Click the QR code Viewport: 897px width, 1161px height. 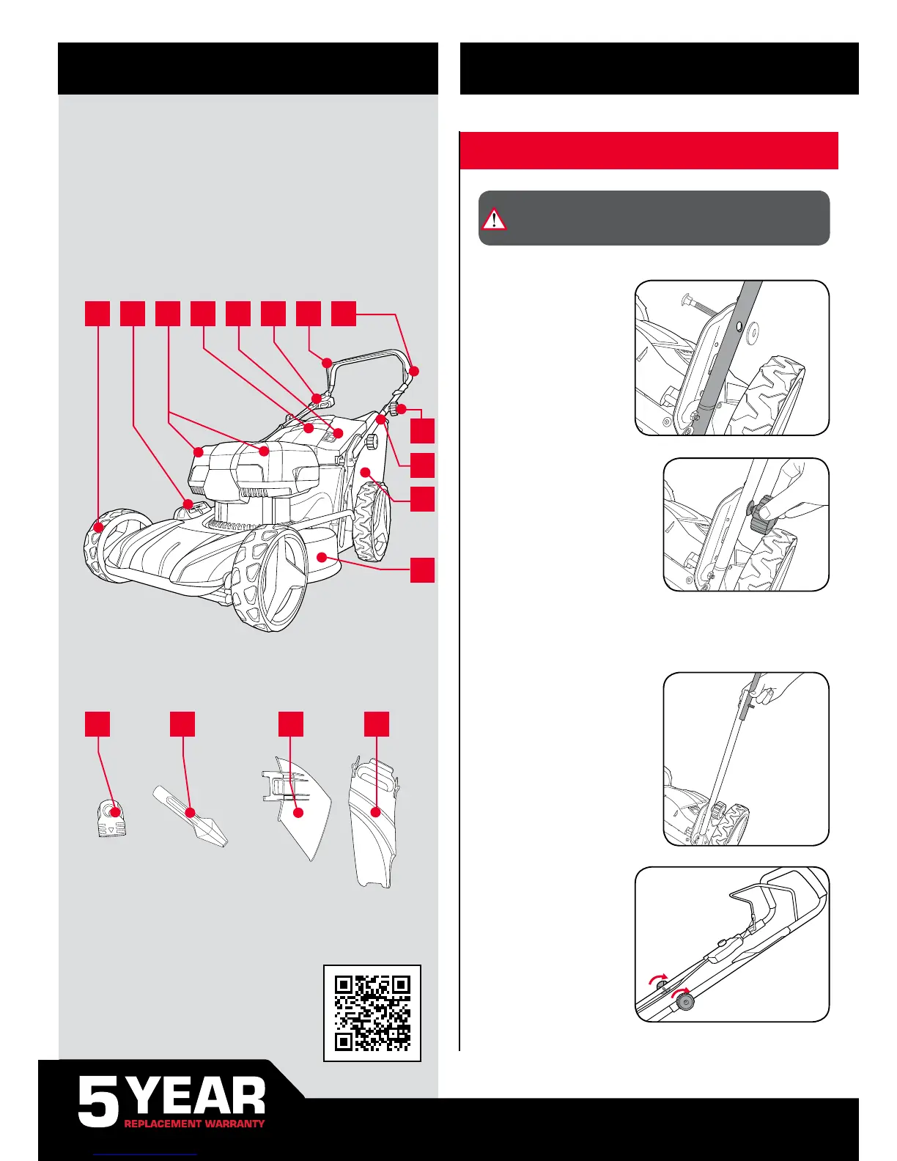point(372,1013)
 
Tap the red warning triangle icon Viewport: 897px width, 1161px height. point(494,218)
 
